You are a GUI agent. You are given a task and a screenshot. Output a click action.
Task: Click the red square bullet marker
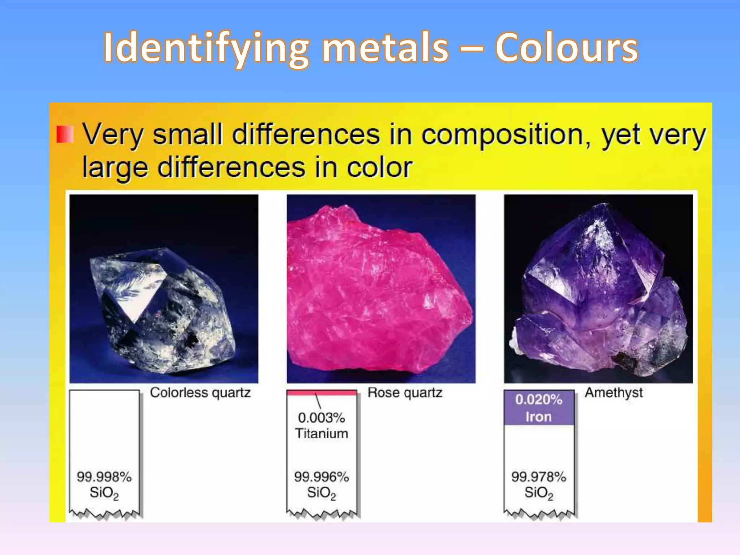(65, 134)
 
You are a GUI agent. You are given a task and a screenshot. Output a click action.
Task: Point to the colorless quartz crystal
(163, 311)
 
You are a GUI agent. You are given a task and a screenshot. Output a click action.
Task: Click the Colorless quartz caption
(200, 393)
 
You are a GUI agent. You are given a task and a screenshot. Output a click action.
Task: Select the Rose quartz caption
(405, 393)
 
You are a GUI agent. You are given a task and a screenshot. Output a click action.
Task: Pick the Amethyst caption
(614, 393)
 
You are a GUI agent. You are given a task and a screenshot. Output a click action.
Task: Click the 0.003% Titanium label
(322, 426)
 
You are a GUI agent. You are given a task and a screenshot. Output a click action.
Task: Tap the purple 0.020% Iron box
(539, 408)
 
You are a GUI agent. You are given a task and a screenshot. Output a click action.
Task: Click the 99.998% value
(104, 477)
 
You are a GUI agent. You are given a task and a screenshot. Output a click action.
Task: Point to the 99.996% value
(321, 477)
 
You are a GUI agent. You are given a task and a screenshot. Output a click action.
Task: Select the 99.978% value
(538, 477)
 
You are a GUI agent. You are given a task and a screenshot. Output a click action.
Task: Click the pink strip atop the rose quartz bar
(321, 393)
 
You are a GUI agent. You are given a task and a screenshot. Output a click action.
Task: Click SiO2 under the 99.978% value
(539, 493)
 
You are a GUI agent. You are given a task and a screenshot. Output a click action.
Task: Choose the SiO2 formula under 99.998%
(104, 493)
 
